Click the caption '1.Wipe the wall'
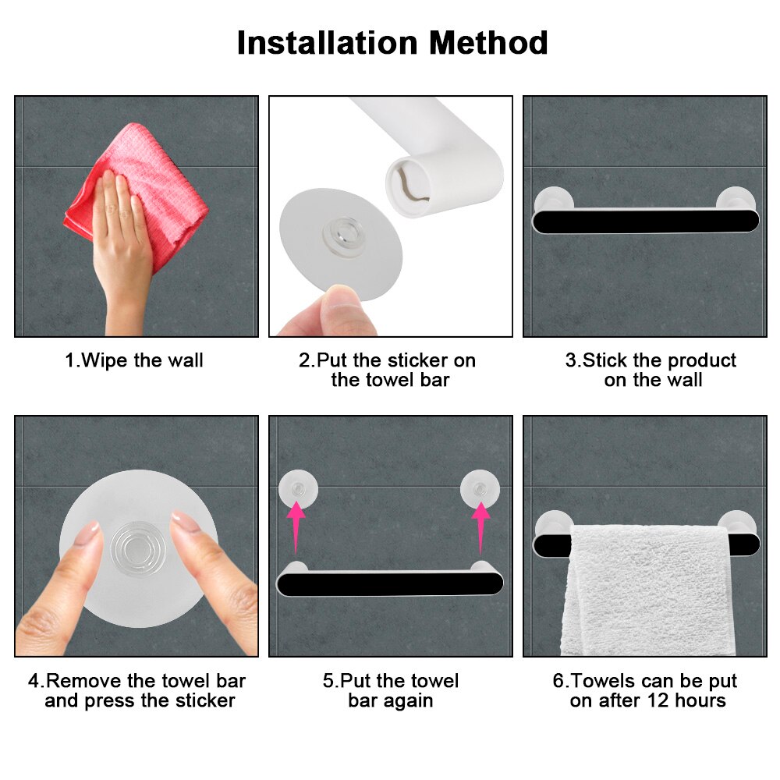(134, 360)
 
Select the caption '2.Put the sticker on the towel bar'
(388, 370)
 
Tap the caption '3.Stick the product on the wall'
(651, 370)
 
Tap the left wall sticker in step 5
(297, 489)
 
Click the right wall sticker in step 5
(480, 489)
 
